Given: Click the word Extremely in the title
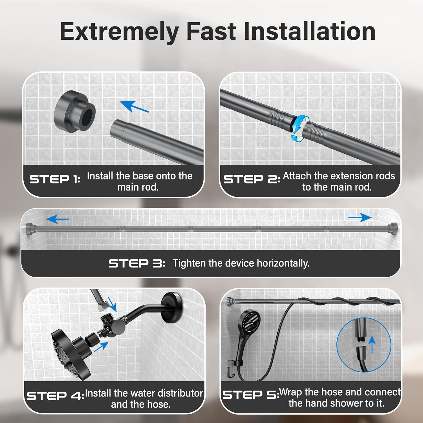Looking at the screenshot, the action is (x=120, y=32).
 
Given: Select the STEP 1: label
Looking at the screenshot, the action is (x=55, y=179).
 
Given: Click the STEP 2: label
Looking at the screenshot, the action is (x=252, y=179).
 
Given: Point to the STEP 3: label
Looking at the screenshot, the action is (x=137, y=263).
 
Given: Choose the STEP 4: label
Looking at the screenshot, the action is (x=56, y=396).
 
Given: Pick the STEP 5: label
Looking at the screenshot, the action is (x=251, y=395).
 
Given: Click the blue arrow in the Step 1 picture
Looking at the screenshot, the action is (x=134, y=106).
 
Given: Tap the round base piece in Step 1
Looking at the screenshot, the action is (x=74, y=112).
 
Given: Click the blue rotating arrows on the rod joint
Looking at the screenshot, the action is (x=300, y=127).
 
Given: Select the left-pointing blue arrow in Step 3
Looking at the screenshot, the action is (x=58, y=219).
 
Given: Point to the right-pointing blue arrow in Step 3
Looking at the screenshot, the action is (x=360, y=217).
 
